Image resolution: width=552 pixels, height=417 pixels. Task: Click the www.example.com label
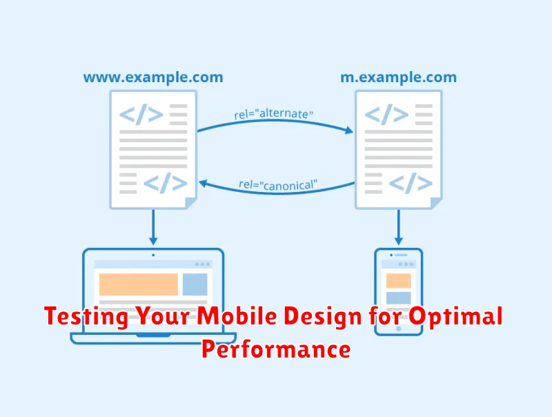tap(153, 77)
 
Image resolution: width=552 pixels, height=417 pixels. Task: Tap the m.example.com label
tap(399, 77)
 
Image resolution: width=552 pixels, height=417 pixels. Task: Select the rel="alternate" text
tap(273, 113)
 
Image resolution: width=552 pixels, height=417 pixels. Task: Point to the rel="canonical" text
tap(278, 185)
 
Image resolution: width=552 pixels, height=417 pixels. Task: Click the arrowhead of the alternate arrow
tap(349, 130)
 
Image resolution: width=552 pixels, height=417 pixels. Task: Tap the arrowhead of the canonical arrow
tap(203, 184)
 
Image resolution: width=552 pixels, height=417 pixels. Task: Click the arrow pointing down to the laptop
tap(153, 227)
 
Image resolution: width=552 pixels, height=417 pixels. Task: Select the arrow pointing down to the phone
tap(399, 227)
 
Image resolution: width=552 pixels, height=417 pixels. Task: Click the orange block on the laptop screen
tap(139, 284)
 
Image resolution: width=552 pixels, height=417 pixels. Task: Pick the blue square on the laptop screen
tap(195, 284)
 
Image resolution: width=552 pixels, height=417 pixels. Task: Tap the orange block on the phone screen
tap(399, 281)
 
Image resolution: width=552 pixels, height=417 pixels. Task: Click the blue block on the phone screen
tap(399, 298)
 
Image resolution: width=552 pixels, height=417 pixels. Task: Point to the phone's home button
tap(399, 329)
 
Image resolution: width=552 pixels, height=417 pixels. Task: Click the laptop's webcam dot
tap(153, 255)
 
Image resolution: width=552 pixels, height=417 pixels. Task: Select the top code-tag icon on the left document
tap(141, 114)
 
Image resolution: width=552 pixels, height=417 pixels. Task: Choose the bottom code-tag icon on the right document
tap(411, 183)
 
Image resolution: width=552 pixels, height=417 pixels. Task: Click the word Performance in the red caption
tap(276, 349)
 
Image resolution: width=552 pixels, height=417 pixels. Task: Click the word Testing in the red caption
tap(86, 316)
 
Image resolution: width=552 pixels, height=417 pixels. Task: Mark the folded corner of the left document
tap(190, 203)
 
